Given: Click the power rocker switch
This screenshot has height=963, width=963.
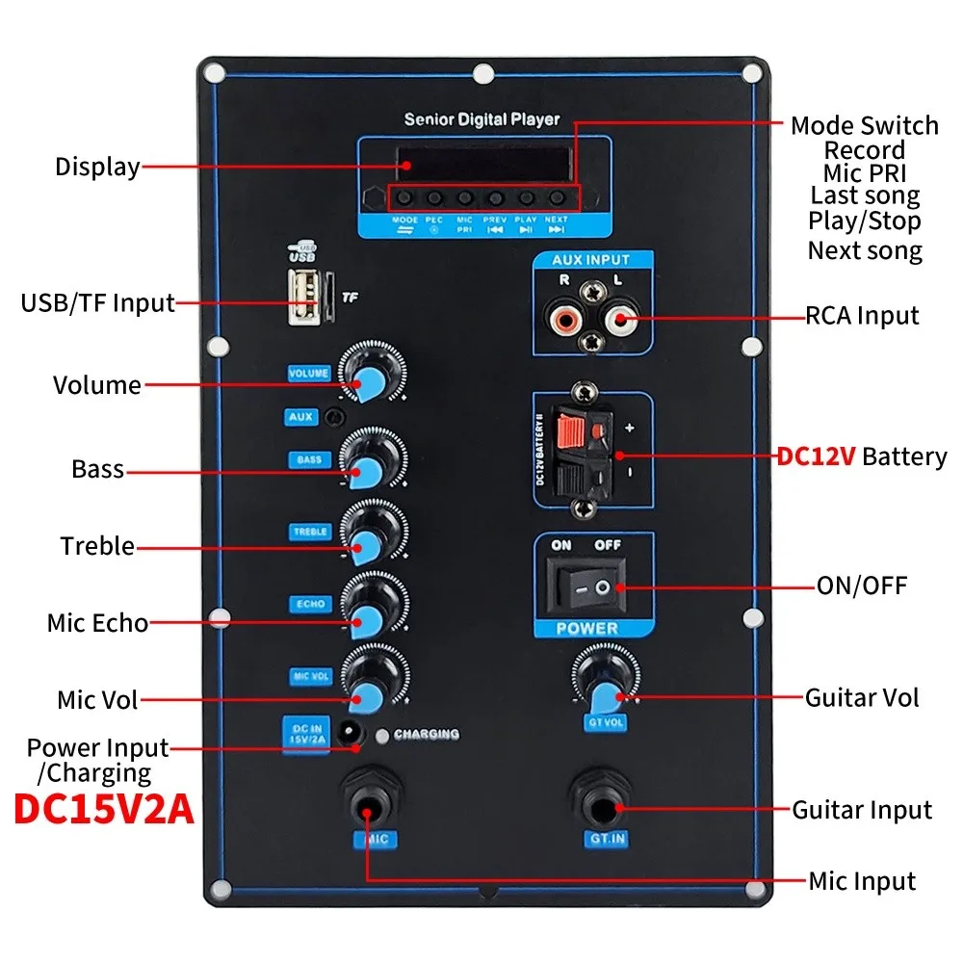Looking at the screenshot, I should click(x=586, y=586).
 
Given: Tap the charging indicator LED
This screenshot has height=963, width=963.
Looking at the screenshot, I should click(x=384, y=735).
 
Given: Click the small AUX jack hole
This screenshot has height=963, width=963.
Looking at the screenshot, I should click(x=334, y=417).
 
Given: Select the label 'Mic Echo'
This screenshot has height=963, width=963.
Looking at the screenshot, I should click(x=97, y=622).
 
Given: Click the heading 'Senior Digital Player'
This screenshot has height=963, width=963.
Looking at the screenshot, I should click(x=481, y=120).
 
